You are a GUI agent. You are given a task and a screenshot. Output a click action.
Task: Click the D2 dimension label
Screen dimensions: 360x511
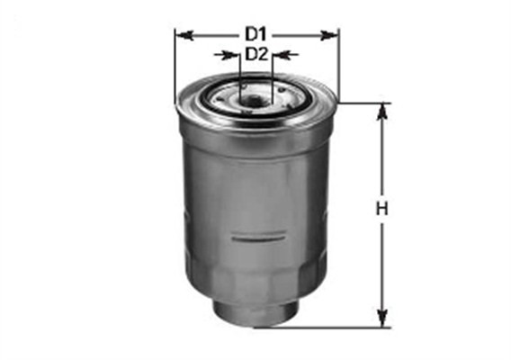[x=257, y=54]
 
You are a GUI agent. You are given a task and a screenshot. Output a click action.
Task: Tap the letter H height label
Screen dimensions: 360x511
[x=381, y=211]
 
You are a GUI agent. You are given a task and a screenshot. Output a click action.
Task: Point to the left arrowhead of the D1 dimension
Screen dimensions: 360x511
[x=183, y=35]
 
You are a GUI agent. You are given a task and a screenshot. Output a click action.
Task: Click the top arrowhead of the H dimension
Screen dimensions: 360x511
[x=383, y=111]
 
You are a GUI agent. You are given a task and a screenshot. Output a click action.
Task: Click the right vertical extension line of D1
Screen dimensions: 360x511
[x=339, y=67]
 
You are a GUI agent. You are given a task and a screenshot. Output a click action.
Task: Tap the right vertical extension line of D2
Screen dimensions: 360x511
[x=273, y=72]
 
